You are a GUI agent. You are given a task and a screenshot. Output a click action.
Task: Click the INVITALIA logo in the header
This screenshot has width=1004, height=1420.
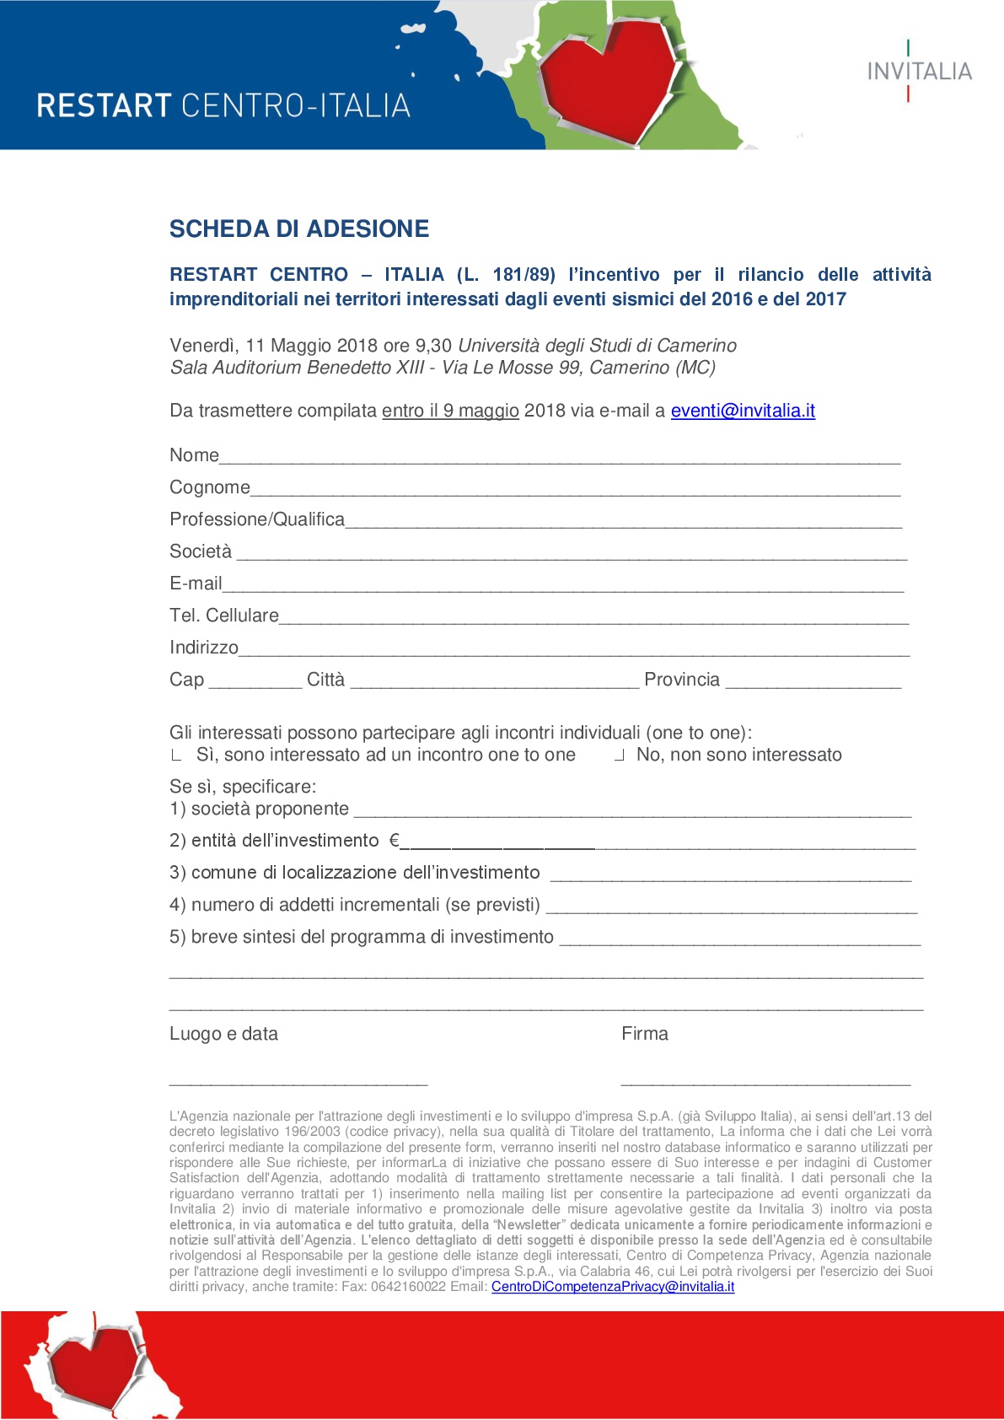[x=919, y=72]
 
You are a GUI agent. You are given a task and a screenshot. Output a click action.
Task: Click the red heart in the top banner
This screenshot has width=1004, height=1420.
[x=609, y=76]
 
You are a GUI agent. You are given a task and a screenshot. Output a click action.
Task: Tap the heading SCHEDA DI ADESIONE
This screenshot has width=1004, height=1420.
[x=299, y=229]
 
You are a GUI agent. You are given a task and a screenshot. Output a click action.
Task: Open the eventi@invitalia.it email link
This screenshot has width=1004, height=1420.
[x=743, y=411]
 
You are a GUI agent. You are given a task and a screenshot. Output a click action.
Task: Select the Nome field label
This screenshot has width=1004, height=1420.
[x=194, y=455]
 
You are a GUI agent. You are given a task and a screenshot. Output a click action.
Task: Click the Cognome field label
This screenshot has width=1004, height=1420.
[x=210, y=487]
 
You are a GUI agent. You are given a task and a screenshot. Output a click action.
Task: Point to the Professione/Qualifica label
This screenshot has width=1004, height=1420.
[x=257, y=519]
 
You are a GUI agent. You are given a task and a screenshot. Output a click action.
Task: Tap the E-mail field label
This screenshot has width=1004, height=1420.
[x=196, y=584]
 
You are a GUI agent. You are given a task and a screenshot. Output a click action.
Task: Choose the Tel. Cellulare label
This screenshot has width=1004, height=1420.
[x=224, y=616]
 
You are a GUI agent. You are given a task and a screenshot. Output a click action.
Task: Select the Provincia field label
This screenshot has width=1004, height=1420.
[x=682, y=680]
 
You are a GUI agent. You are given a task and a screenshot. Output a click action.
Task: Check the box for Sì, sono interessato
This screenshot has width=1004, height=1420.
[x=176, y=756]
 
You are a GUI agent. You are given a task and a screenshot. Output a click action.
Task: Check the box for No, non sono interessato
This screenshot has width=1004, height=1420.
[x=620, y=756]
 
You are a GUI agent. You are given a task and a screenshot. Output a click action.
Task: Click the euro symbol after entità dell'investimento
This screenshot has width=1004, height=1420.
[x=394, y=841]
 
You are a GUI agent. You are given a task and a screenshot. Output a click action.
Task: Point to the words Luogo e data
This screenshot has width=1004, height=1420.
[x=223, y=1034]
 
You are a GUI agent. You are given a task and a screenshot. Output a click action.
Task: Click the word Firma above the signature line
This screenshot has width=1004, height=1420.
[x=645, y=1034]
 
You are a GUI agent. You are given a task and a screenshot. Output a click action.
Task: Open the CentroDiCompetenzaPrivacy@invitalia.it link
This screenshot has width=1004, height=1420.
[x=613, y=1287]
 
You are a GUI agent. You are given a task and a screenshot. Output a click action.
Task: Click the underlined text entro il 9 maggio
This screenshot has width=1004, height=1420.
[x=450, y=411]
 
